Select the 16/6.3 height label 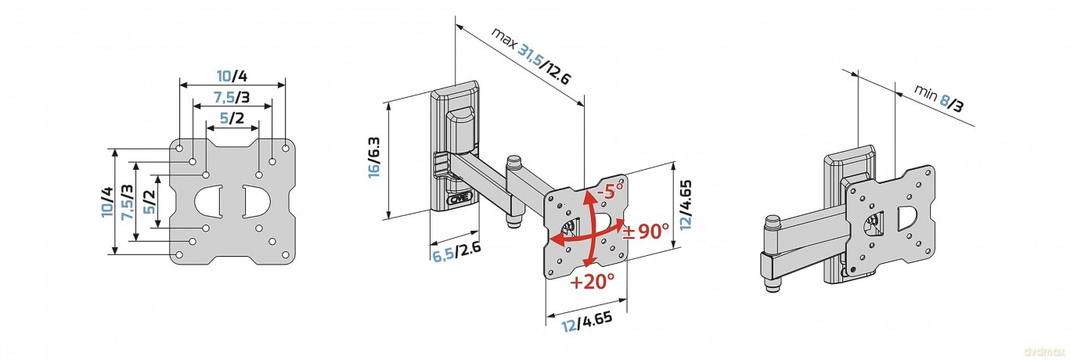pyautogui.click(x=374, y=157)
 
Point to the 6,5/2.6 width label pyautogui.click(x=456, y=252)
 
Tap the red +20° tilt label pyautogui.click(x=592, y=282)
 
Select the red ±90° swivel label pyautogui.click(x=646, y=232)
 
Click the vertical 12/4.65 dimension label pyautogui.click(x=686, y=205)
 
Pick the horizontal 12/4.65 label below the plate pyautogui.click(x=586, y=322)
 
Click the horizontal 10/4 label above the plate pyautogui.click(x=232, y=75)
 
